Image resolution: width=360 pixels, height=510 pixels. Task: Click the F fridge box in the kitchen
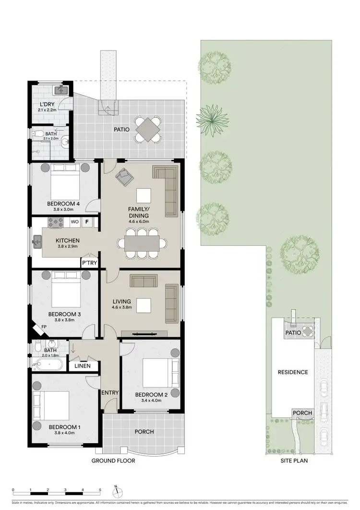click(x=87, y=222)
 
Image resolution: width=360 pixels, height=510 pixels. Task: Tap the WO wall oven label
click(x=74, y=222)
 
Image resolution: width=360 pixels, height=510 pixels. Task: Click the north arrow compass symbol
click(x=117, y=491)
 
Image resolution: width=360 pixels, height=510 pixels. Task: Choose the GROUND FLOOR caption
click(x=113, y=461)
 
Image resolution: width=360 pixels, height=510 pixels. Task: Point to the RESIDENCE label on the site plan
click(x=293, y=372)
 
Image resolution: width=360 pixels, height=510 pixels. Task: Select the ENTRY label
click(x=110, y=393)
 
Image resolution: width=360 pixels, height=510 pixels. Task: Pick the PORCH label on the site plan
click(x=302, y=413)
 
